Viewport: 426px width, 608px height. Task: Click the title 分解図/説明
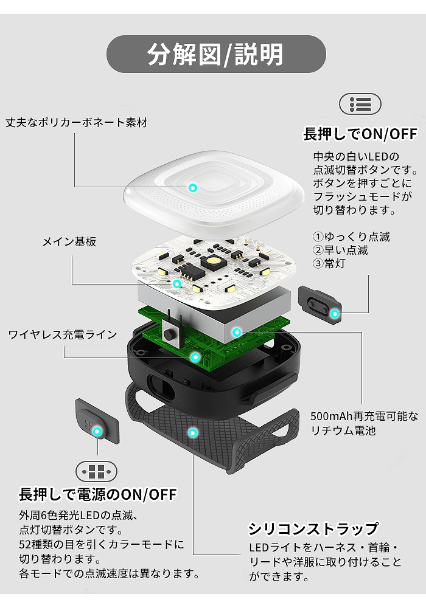215,54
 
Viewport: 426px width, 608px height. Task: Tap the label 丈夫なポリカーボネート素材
77,123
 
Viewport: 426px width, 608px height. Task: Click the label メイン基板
69,242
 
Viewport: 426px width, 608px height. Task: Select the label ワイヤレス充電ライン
63,334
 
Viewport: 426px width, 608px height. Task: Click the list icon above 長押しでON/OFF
360,104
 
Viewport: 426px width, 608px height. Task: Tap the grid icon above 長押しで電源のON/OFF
96,472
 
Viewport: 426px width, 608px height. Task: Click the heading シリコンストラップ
313,528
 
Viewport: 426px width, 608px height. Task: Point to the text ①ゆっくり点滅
351,237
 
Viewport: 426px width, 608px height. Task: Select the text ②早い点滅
340,250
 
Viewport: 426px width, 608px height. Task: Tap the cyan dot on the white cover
193,188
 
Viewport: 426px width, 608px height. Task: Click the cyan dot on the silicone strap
192,433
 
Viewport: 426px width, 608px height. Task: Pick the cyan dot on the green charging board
195,357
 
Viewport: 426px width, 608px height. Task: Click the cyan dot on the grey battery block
236,333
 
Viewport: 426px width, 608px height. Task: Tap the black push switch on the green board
170,334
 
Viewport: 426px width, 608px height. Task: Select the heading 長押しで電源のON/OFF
98,494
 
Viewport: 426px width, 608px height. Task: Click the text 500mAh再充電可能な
365,416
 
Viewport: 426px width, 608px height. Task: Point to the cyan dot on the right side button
335,313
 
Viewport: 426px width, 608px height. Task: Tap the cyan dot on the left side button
97,431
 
